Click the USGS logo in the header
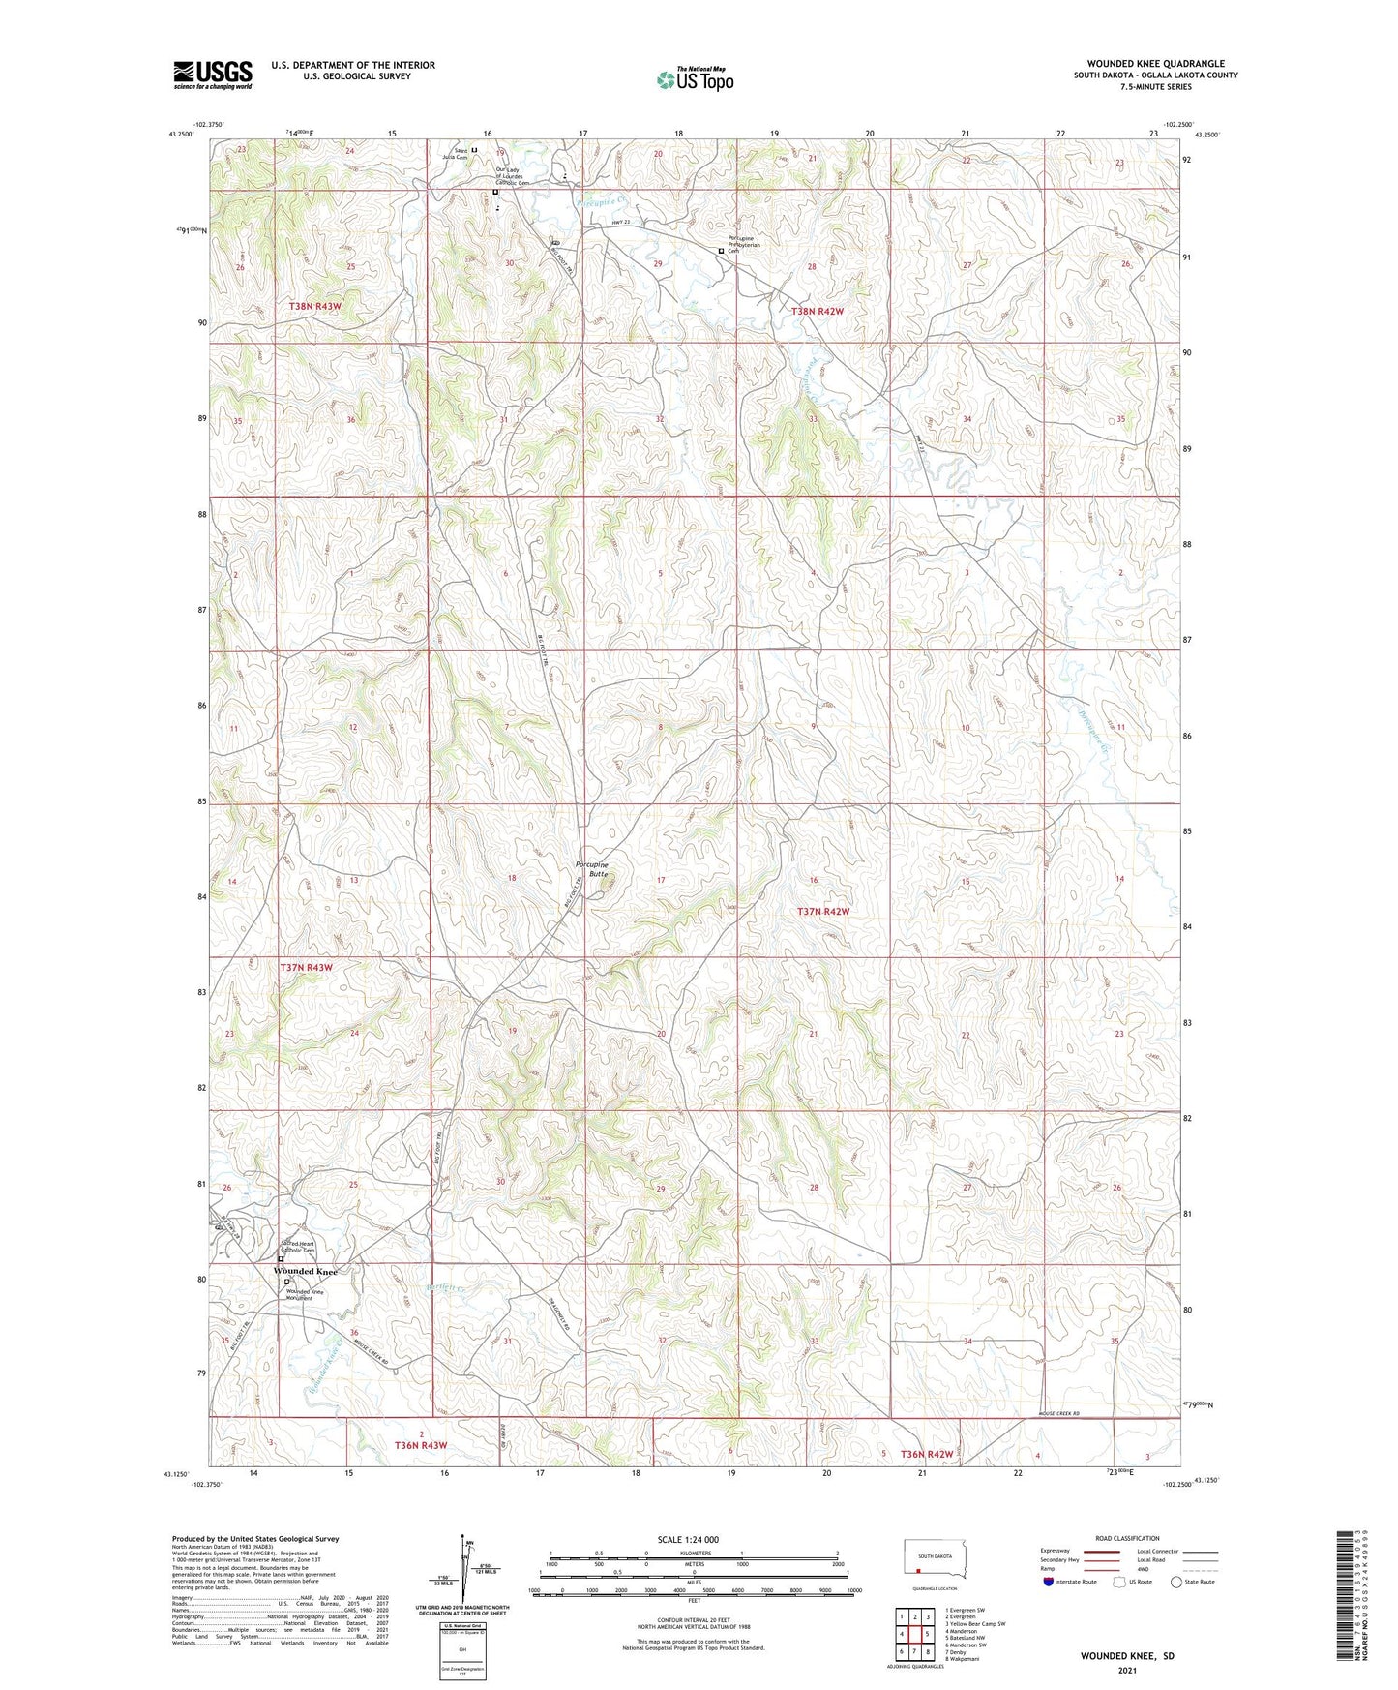(212, 75)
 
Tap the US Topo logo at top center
(694, 79)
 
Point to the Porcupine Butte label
(591, 868)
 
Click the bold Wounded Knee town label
(305, 1271)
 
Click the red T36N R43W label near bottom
(421, 1445)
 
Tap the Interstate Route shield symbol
(1049, 1582)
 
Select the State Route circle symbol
(1176, 1582)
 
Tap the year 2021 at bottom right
(1127, 1670)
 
